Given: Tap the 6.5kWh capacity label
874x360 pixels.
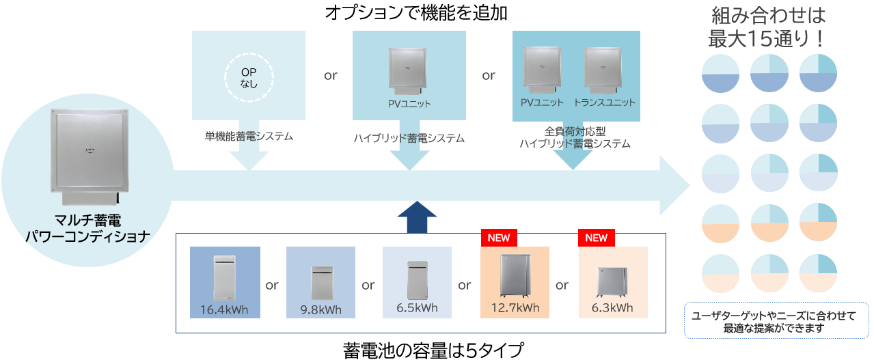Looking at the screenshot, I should coord(417,307).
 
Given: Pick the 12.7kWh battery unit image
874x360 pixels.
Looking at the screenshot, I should coord(514,276).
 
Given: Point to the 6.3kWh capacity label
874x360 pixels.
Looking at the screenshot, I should coord(612,307).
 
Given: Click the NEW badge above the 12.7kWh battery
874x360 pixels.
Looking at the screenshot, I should coord(499,238).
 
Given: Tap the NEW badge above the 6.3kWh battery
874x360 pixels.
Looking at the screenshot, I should coord(596,238).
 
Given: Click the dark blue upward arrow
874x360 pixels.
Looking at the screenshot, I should coord(417,217).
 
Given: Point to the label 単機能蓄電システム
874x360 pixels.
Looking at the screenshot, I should coord(248,137).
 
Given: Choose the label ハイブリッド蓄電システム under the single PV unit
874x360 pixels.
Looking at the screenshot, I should coord(409,138).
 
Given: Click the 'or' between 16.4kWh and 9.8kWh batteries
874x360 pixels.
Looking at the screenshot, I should coord(272,285).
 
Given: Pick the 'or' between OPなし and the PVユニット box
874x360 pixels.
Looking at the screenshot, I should coord(331,75).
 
